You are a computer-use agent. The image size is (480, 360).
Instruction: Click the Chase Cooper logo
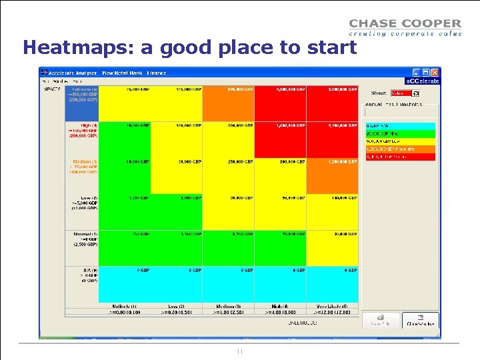point(405,27)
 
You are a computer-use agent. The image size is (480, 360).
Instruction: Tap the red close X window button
point(435,72)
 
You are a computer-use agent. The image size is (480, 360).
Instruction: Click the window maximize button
point(425,72)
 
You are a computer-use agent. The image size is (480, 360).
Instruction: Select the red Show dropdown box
point(401,93)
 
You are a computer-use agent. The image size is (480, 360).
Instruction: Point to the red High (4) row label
point(81,130)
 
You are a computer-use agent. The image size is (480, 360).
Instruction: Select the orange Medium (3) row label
point(81,166)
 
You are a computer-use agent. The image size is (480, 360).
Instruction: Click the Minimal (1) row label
point(81,239)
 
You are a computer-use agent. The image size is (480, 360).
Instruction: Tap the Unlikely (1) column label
point(125,305)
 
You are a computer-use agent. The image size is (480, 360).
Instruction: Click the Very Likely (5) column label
point(332,305)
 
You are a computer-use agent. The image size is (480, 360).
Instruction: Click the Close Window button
point(420,321)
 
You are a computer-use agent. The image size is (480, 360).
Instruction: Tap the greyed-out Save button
point(381,321)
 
